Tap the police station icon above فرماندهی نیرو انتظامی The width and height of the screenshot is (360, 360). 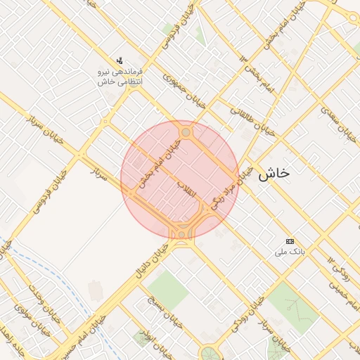120,60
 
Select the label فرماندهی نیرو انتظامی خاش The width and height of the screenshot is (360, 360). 120,77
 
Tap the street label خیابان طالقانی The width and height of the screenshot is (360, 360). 251,120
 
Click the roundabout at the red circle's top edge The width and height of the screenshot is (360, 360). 186,132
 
